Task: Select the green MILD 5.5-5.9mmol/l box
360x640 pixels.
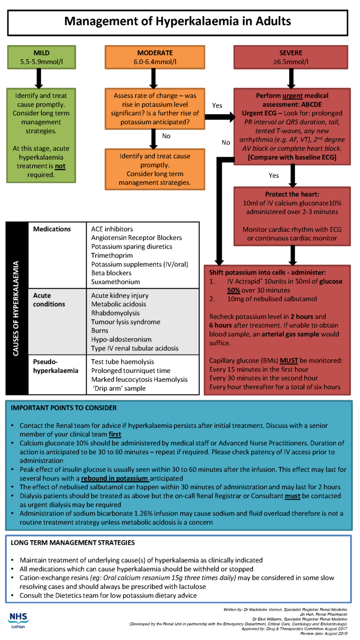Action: pos(41,57)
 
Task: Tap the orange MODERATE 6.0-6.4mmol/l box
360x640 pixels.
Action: pos(155,57)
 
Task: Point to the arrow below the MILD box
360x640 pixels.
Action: pos(40,77)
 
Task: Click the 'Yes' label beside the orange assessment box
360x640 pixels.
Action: pos(217,105)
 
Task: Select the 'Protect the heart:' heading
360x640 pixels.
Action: pos(293,194)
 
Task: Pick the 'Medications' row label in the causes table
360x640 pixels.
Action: pos(52,229)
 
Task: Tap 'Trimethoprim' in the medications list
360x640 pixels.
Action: pos(113,255)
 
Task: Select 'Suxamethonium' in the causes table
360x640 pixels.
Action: pos(115,282)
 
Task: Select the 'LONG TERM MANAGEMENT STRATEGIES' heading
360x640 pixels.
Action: pos(73,543)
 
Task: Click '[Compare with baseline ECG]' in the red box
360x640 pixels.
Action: pos(292,157)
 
